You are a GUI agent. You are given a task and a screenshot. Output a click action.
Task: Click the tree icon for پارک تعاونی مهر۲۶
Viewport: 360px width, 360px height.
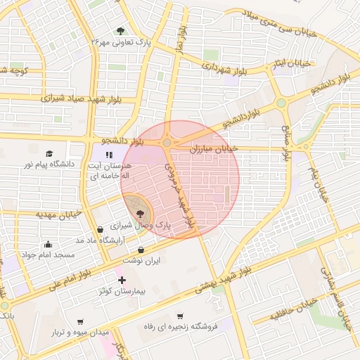click(120, 31)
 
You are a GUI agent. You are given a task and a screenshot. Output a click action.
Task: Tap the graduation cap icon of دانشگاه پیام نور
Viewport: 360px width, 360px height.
click(49, 153)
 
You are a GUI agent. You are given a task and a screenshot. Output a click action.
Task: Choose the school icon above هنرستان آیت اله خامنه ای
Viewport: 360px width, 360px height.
click(108, 155)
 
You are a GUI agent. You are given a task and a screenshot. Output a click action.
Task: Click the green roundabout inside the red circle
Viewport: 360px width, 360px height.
click(167, 143)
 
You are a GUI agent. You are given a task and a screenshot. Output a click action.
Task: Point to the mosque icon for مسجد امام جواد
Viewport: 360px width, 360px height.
click(48, 244)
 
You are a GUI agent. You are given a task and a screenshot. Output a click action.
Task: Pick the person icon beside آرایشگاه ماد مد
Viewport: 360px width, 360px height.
click(103, 229)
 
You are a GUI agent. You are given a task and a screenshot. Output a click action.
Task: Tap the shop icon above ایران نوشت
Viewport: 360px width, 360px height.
click(141, 250)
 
